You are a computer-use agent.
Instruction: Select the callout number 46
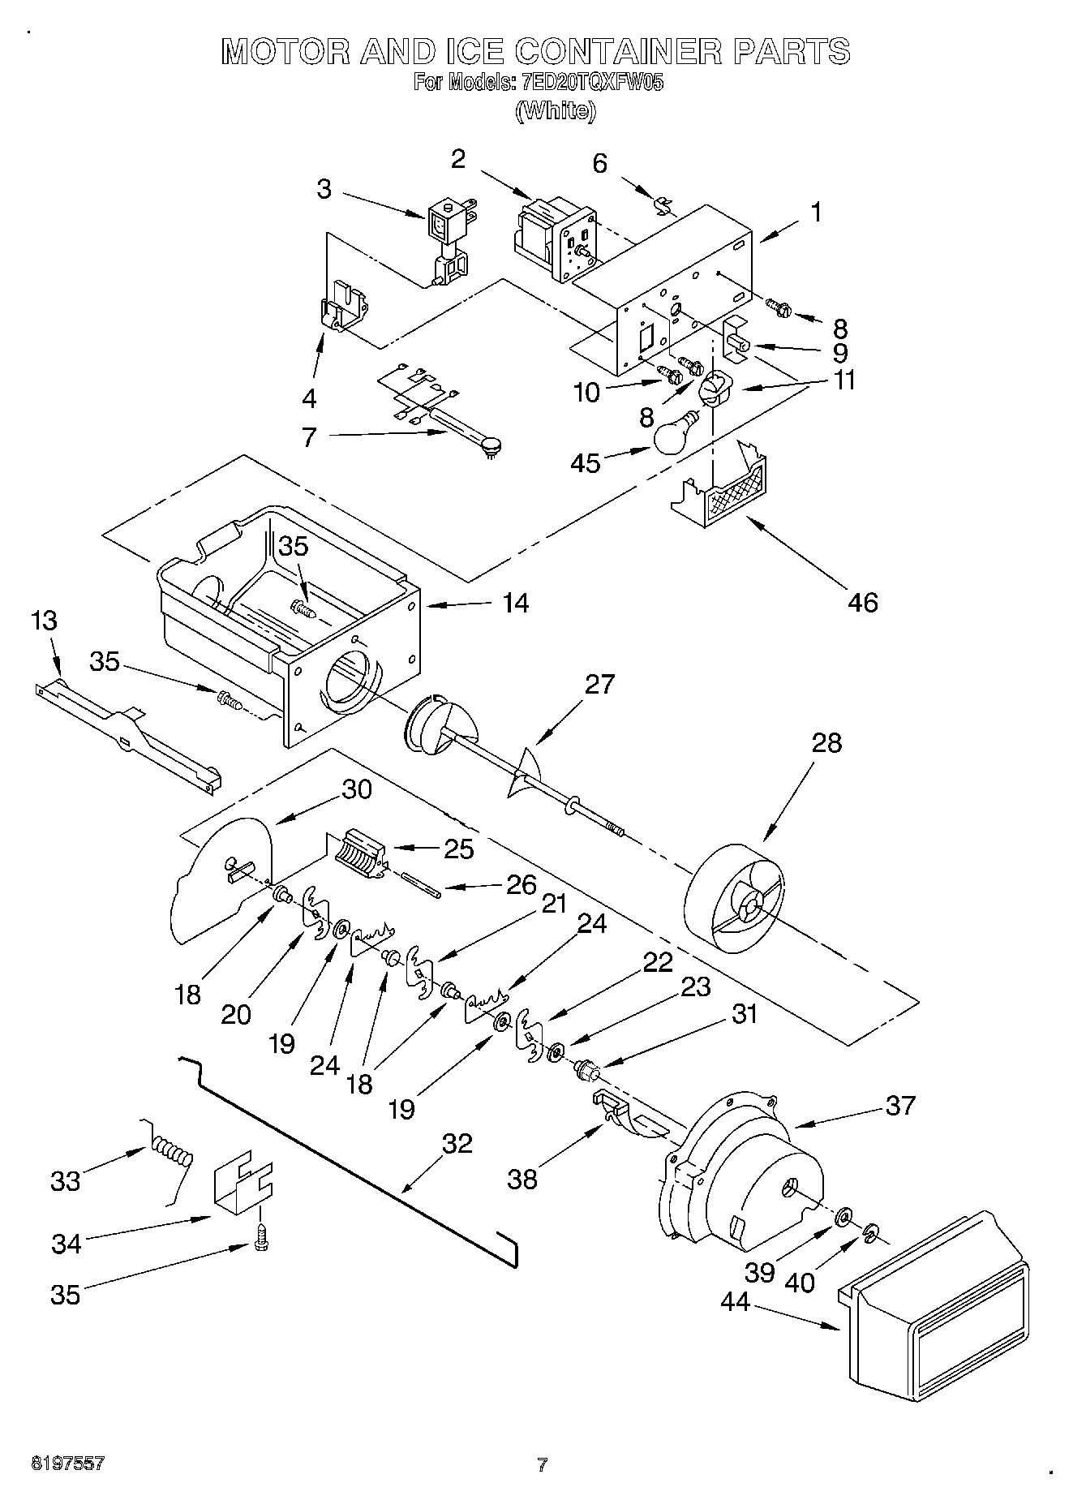tap(864, 602)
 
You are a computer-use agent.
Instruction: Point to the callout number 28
tap(826, 742)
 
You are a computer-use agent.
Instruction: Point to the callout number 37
tap(900, 1105)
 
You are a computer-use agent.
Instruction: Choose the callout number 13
tap(45, 622)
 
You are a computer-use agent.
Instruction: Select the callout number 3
tap(324, 190)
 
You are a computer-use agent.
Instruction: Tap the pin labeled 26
tap(420, 883)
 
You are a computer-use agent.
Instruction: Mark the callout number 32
tap(457, 1143)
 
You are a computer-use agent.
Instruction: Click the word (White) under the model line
tap(556, 110)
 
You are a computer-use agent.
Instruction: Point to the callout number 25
tap(458, 849)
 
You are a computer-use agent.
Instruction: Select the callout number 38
tap(522, 1179)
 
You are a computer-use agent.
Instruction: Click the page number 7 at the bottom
tap(542, 1464)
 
